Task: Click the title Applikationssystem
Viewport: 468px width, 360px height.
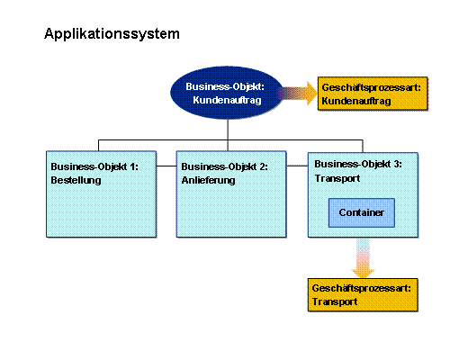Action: (112, 34)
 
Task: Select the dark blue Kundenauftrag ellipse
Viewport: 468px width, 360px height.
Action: (227, 93)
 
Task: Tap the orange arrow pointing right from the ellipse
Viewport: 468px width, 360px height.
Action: (297, 93)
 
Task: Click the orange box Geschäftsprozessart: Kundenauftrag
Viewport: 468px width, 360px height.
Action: (373, 94)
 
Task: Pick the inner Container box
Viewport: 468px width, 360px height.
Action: (362, 212)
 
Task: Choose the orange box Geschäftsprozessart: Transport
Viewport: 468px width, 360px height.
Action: (363, 295)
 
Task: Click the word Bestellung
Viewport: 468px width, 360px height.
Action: (76, 180)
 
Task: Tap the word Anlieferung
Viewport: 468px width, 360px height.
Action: (208, 180)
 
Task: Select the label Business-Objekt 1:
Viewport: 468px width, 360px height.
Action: (94, 166)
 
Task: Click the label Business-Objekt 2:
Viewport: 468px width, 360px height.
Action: (225, 166)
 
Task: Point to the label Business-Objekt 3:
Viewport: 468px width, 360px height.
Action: (358, 164)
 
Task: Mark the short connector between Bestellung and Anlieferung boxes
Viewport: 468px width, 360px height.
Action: (166, 166)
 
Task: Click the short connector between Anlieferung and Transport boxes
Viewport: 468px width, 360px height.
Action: (297, 166)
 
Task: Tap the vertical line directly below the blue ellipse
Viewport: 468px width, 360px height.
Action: (228, 135)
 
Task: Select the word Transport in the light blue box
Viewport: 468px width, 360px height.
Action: (337, 178)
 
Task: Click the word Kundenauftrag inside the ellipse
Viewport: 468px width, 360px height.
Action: (227, 100)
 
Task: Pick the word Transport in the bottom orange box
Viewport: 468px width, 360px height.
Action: (335, 301)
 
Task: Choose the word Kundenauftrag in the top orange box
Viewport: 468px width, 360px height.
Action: (356, 101)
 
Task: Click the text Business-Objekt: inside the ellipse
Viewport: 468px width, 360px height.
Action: (225, 86)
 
